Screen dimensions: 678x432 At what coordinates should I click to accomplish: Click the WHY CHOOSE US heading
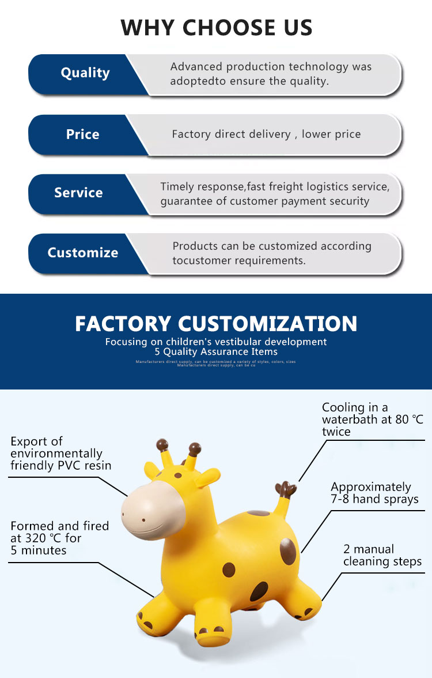point(216,27)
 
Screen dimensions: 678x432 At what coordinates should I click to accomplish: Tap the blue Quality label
point(85,73)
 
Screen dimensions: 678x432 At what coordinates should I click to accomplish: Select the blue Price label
point(82,134)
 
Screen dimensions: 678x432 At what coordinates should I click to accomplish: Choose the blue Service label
point(78,193)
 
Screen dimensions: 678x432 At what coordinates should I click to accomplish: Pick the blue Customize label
point(82,253)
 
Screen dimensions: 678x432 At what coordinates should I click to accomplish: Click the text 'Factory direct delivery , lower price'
point(266,134)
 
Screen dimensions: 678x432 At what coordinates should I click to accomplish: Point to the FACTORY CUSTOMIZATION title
point(216,323)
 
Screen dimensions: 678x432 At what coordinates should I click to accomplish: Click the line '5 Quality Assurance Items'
point(216,351)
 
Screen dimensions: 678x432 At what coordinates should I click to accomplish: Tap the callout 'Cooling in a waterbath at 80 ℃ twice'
point(372,419)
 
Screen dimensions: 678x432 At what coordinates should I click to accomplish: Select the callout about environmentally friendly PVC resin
point(60,454)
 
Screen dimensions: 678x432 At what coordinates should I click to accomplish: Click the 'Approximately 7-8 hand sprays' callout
point(374,493)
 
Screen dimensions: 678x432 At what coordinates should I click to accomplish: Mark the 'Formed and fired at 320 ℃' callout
point(59,538)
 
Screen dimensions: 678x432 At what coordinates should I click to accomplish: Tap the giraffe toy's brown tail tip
point(286,489)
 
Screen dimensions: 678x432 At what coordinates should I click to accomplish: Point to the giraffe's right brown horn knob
point(195,448)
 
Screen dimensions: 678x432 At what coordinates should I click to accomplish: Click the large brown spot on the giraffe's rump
point(288,551)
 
